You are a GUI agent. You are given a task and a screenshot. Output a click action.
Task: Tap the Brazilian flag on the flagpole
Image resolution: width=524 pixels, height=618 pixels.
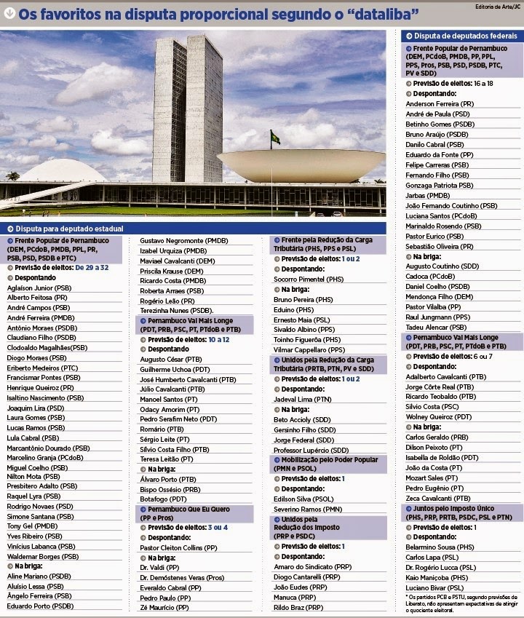pos(275,137)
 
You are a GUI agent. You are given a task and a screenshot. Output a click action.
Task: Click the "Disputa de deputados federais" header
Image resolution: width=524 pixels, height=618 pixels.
pos(464,36)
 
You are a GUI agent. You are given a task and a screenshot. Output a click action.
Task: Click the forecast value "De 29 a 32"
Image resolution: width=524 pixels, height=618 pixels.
pos(91,268)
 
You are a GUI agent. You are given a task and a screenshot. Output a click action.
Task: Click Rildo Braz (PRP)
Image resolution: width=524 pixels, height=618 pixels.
pos(298,606)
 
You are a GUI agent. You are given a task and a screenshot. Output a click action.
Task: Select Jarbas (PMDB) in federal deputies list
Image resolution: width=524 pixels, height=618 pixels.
pos(428,195)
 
